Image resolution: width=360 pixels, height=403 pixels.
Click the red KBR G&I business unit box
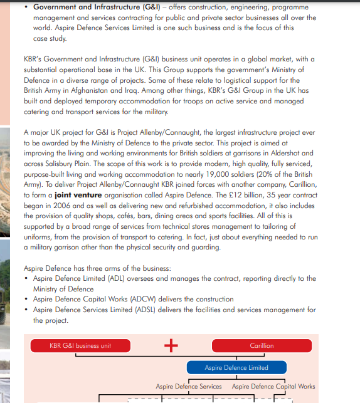(x=80, y=345)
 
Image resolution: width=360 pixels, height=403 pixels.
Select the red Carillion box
(x=262, y=345)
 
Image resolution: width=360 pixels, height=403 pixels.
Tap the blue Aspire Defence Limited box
(x=236, y=367)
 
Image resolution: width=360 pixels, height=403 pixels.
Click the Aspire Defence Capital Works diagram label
(x=273, y=387)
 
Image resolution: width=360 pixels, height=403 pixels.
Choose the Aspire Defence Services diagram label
(x=189, y=387)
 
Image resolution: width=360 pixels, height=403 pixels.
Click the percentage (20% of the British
(x=279, y=175)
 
